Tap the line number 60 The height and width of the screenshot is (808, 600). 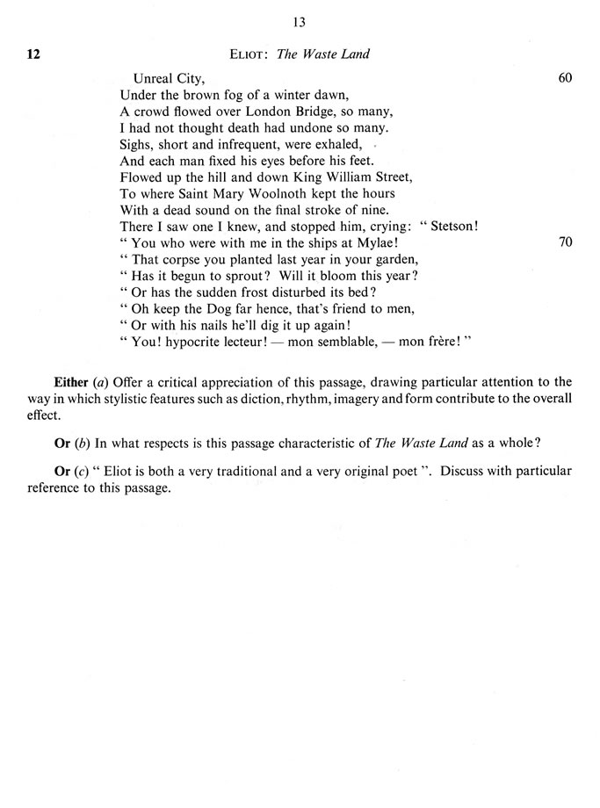(x=565, y=77)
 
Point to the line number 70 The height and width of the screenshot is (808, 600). (x=565, y=242)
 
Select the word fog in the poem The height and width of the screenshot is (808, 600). (x=232, y=94)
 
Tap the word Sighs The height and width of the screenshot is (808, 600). (x=137, y=144)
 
